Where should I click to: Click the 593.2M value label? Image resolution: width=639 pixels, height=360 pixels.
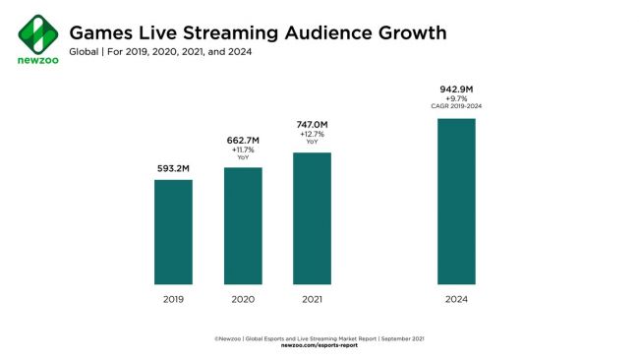pyautogui.click(x=173, y=169)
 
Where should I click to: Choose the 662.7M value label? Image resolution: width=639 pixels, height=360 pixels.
pyautogui.click(x=243, y=142)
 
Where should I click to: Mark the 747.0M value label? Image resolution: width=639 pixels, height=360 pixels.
pyautogui.click(x=312, y=126)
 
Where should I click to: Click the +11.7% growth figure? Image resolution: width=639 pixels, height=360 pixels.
pyautogui.click(x=243, y=151)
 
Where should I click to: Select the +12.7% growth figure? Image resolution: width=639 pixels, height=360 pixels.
pyautogui.click(x=312, y=136)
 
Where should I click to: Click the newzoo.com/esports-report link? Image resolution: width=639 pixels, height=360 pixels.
pyautogui.click(x=319, y=345)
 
